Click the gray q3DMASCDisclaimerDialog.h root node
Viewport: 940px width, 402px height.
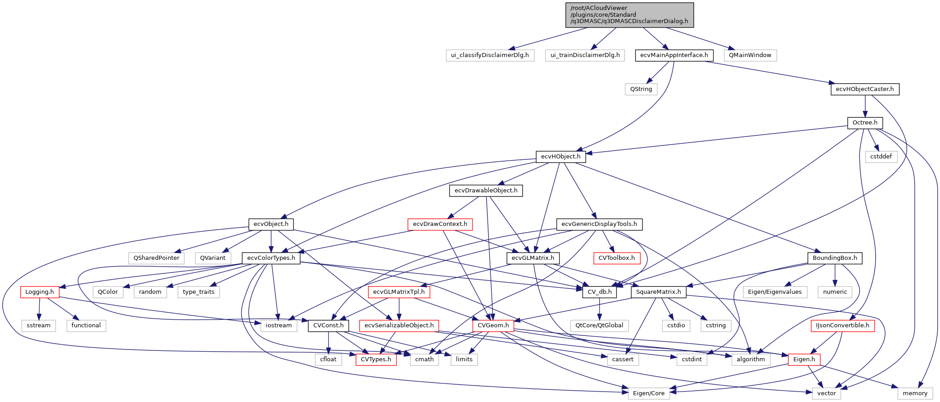pyautogui.click(x=629, y=14)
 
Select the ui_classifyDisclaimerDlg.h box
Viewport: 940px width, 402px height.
pyautogui.click(x=490, y=55)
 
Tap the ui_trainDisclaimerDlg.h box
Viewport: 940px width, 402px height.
pyautogui.click(x=585, y=55)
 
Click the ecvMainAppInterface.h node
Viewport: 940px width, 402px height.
pyautogui.click(x=674, y=55)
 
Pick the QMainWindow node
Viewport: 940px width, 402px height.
pyautogui.click(x=750, y=55)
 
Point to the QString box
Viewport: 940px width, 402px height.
pyautogui.click(x=641, y=89)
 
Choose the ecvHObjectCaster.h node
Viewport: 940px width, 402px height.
pyautogui.click(x=865, y=89)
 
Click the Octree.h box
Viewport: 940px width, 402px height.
pyautogui.click(x=865, y=123)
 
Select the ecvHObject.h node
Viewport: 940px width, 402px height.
pyautogui.click(x=561, y=157)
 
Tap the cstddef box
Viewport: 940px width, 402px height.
pyautogui.click(x=881, y=157)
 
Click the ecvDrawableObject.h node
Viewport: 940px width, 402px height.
pyautogui.click(x=486, y=191)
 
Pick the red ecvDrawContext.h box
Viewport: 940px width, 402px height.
pyautogui.click(x=440, y=224)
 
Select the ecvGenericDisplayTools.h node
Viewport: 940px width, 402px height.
pyautogui.click(x=599, y=224)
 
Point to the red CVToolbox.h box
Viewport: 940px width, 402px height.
pyautogui.click(x=617, y=258)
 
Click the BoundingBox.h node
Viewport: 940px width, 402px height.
pyautogui.click(x=835, y=258)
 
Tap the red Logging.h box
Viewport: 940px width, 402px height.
pyautogui.click(x=39, y=292)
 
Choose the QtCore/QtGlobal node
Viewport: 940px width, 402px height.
pyautogui.click(x=599, y=325)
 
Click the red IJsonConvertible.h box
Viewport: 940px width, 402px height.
pyautogui.click(x=842, y=325)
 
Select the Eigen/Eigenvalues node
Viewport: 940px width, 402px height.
pyautogui.click(x=775, y=292)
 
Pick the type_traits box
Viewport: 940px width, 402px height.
pyautogui.click(x=198, y=292)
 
